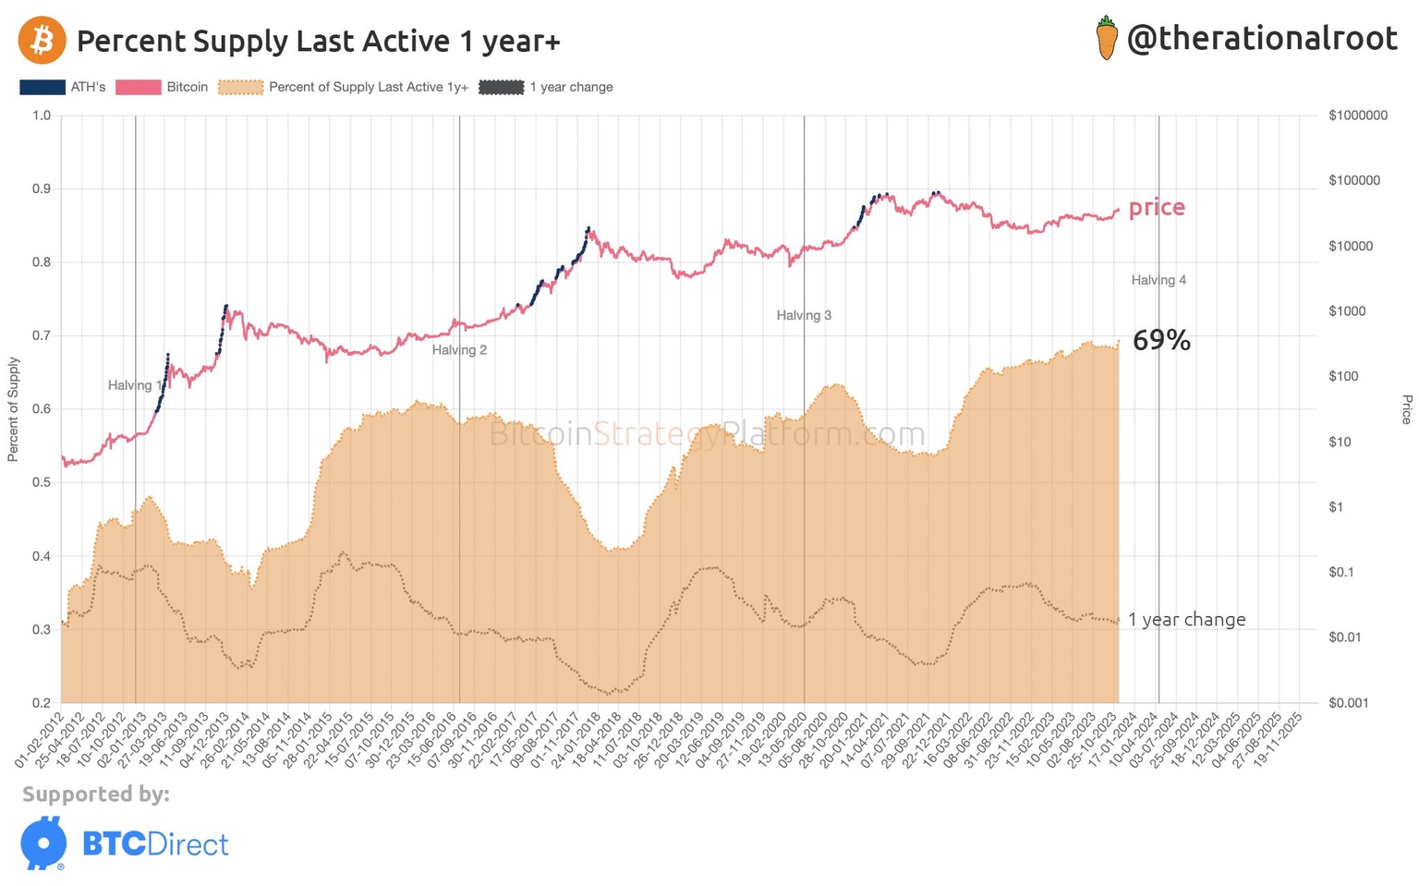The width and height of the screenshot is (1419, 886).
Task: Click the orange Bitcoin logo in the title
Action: pyautogui.click(x=42, y=41)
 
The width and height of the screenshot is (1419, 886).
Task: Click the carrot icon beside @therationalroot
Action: pyautogui.click(x=1106, y=39)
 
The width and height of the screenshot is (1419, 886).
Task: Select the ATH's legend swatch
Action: pyautogui.click(x=42, y=88)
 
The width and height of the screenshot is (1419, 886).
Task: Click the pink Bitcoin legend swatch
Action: pyautogui.click(x=138, y=88)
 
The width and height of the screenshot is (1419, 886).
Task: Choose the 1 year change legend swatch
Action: pyautogui.click(x=501, y=88)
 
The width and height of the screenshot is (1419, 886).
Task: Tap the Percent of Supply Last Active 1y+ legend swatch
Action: pyautogui.click(x=240, y=88)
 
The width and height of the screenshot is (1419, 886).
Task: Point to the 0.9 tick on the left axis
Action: pyautogui.click(x=42, y=188)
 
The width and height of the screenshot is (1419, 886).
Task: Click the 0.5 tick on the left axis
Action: pyautogui.click(x=42, y=483)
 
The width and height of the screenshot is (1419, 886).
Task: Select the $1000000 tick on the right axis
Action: pyautogui.click(x=1357, y=115)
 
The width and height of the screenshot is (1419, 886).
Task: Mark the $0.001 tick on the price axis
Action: pyautogui.click(x=1348, y=703)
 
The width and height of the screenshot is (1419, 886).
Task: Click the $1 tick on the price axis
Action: pyautogui.click(x=1336, y=507)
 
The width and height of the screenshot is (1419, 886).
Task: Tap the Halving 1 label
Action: pyautogui.click(x=135, y=385)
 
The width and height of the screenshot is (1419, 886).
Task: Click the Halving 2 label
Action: pyautogui.click(x=459, y=350)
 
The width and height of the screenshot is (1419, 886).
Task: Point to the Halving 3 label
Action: pyautogui.click(x=804, y=315)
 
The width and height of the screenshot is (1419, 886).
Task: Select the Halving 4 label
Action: pyautogui.click(x=1158, y=280)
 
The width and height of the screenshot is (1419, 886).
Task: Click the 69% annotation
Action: pyautogui.click(x=1161, y=341)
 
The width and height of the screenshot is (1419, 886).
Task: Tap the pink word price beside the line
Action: pyautogui.click(x=1157, y=207)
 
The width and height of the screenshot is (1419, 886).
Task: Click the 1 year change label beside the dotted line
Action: pyautogui.click(x=1186, y=620)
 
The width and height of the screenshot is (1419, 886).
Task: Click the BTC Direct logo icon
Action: pyautogui.click(x=43, y=843)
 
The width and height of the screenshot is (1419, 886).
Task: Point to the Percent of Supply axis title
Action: pyautogui.click(x=13, y=409)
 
